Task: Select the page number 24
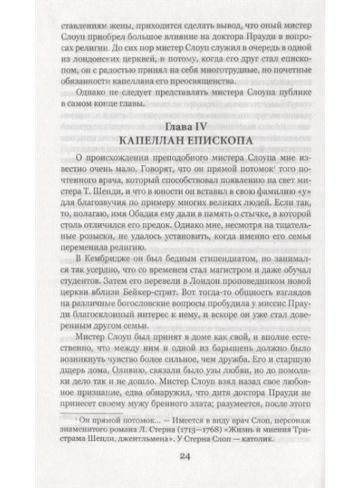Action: (x=180, y=462)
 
